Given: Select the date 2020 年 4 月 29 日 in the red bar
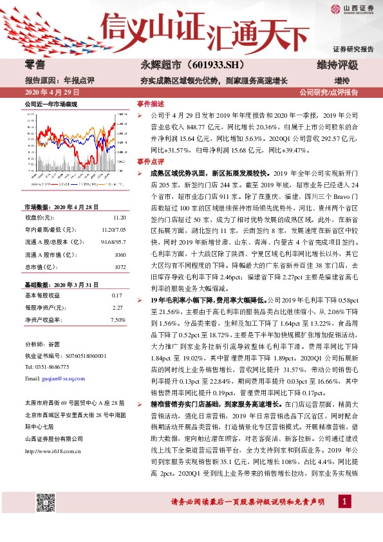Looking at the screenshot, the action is tap(48, 92).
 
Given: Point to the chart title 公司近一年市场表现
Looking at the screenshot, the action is tap(51, 103).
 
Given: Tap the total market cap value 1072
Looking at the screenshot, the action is tap(118, 266).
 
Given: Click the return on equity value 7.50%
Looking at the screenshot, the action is tap(117, 319).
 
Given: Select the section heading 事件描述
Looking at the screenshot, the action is tap(150, 103).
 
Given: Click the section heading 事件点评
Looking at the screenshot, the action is tap(150, 162).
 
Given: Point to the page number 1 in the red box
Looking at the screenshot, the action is tap(346, 518).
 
